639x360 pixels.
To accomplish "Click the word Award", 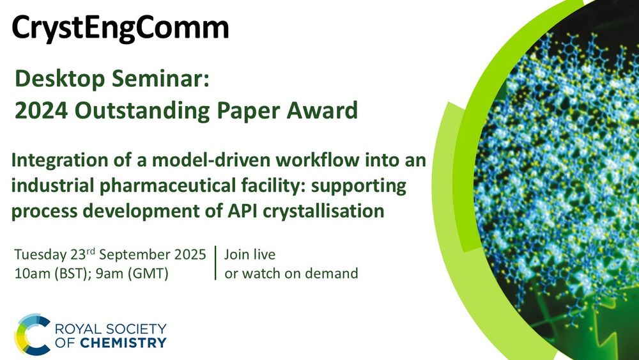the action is pos(322,111).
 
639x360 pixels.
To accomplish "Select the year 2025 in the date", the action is pos(190,254).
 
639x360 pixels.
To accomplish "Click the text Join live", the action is pos(250,254).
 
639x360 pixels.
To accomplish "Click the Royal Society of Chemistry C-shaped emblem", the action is pos(32,334).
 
